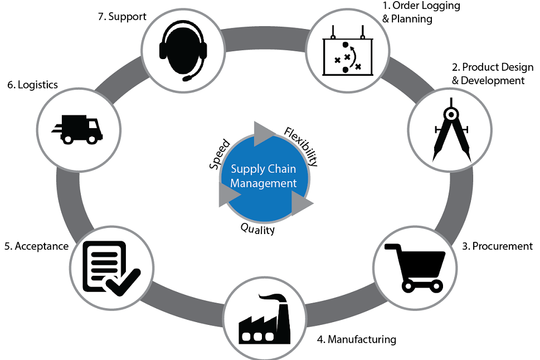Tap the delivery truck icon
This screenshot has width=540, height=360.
tap(77, 129)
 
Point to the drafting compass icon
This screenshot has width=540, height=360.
tap(450, 130)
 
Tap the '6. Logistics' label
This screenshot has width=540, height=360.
tap(32, 85)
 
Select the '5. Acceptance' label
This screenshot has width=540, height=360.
tap(36, 246)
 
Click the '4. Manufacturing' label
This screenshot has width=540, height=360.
tap(356, 339)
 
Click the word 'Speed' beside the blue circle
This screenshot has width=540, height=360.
tap(220, 155)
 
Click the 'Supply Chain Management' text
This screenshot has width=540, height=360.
tap(264, 176)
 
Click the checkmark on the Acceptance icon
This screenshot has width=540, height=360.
tap(124, 281)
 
